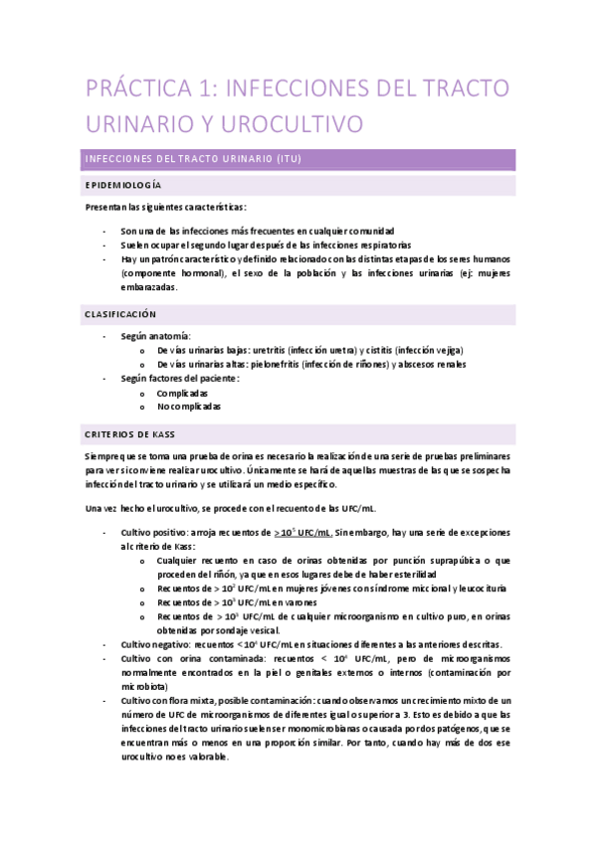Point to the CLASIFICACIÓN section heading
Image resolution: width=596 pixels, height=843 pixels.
(120, 314)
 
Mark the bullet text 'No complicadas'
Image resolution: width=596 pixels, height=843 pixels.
(189, 407)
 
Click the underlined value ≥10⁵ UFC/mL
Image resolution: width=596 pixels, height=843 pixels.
(303, 532)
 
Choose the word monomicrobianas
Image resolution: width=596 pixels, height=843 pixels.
(318, 728)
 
